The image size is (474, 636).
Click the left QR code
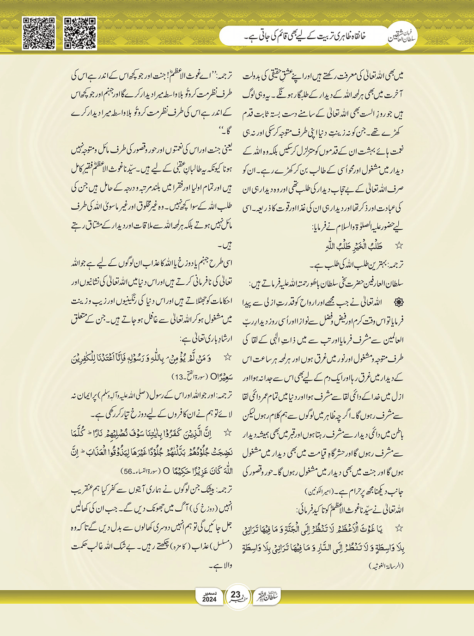click(x=39, y=33)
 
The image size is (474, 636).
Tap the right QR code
click(x=80, y=33)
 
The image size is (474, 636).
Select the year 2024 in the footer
click(x=209, y=599)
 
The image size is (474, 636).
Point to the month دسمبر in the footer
click(x=209, y=592)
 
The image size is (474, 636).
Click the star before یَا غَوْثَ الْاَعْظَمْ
click(x=399, y=528)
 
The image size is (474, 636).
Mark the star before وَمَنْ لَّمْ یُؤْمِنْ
click(x=227, y=357)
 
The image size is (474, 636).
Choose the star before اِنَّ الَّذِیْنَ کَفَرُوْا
click(x=227, y=433)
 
